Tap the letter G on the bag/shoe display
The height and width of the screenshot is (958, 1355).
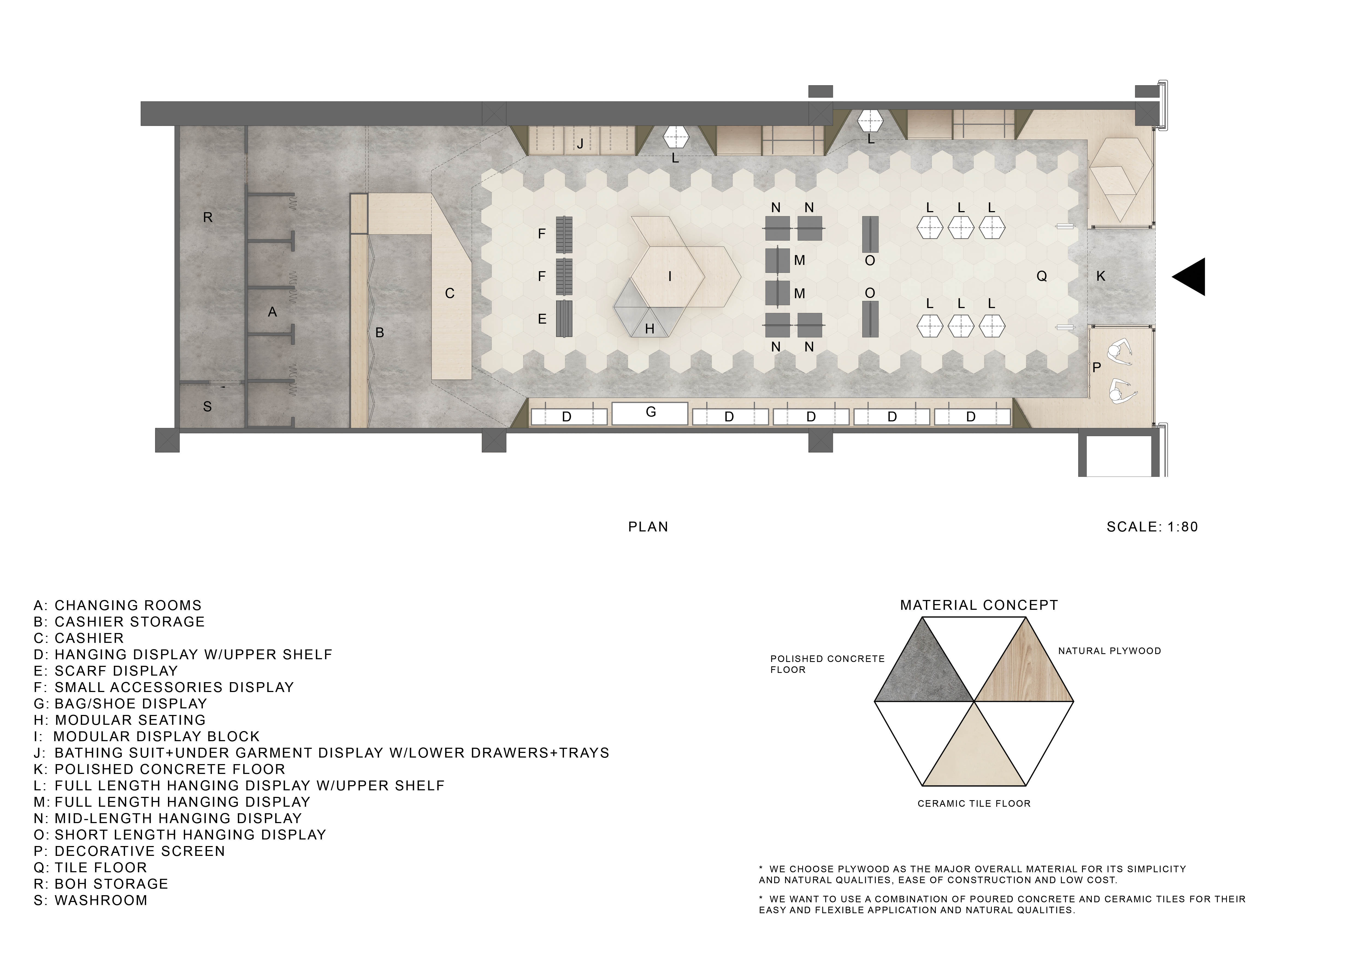click(x=651, y=412)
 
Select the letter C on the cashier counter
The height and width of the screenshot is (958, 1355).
click(x=450, y=293)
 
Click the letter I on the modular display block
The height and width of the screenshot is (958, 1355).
click(x=670, y=276)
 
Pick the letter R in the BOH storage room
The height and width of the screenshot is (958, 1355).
click(x=208, y=217)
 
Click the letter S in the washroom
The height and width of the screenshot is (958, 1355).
click(x=207, y=406)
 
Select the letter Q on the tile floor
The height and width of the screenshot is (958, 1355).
click(x=1042, y=276)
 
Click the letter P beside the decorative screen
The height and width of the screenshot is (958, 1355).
click(x=1097, y=368)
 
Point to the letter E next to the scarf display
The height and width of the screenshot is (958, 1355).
click(x=542, y=319)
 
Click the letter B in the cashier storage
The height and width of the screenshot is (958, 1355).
click(x=379, y=333)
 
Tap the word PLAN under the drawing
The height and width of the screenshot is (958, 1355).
click(x=648, y=527)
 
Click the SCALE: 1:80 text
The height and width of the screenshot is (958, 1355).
click(x=1152, y=527)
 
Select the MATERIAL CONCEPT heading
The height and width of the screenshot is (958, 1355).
click(x=979, y=605)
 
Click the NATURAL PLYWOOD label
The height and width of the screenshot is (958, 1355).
click(x=1109, y=651)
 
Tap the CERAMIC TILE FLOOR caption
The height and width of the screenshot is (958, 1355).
click(x=974, y=803)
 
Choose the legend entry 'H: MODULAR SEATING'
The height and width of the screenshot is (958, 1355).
click(x=120, y=720)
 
